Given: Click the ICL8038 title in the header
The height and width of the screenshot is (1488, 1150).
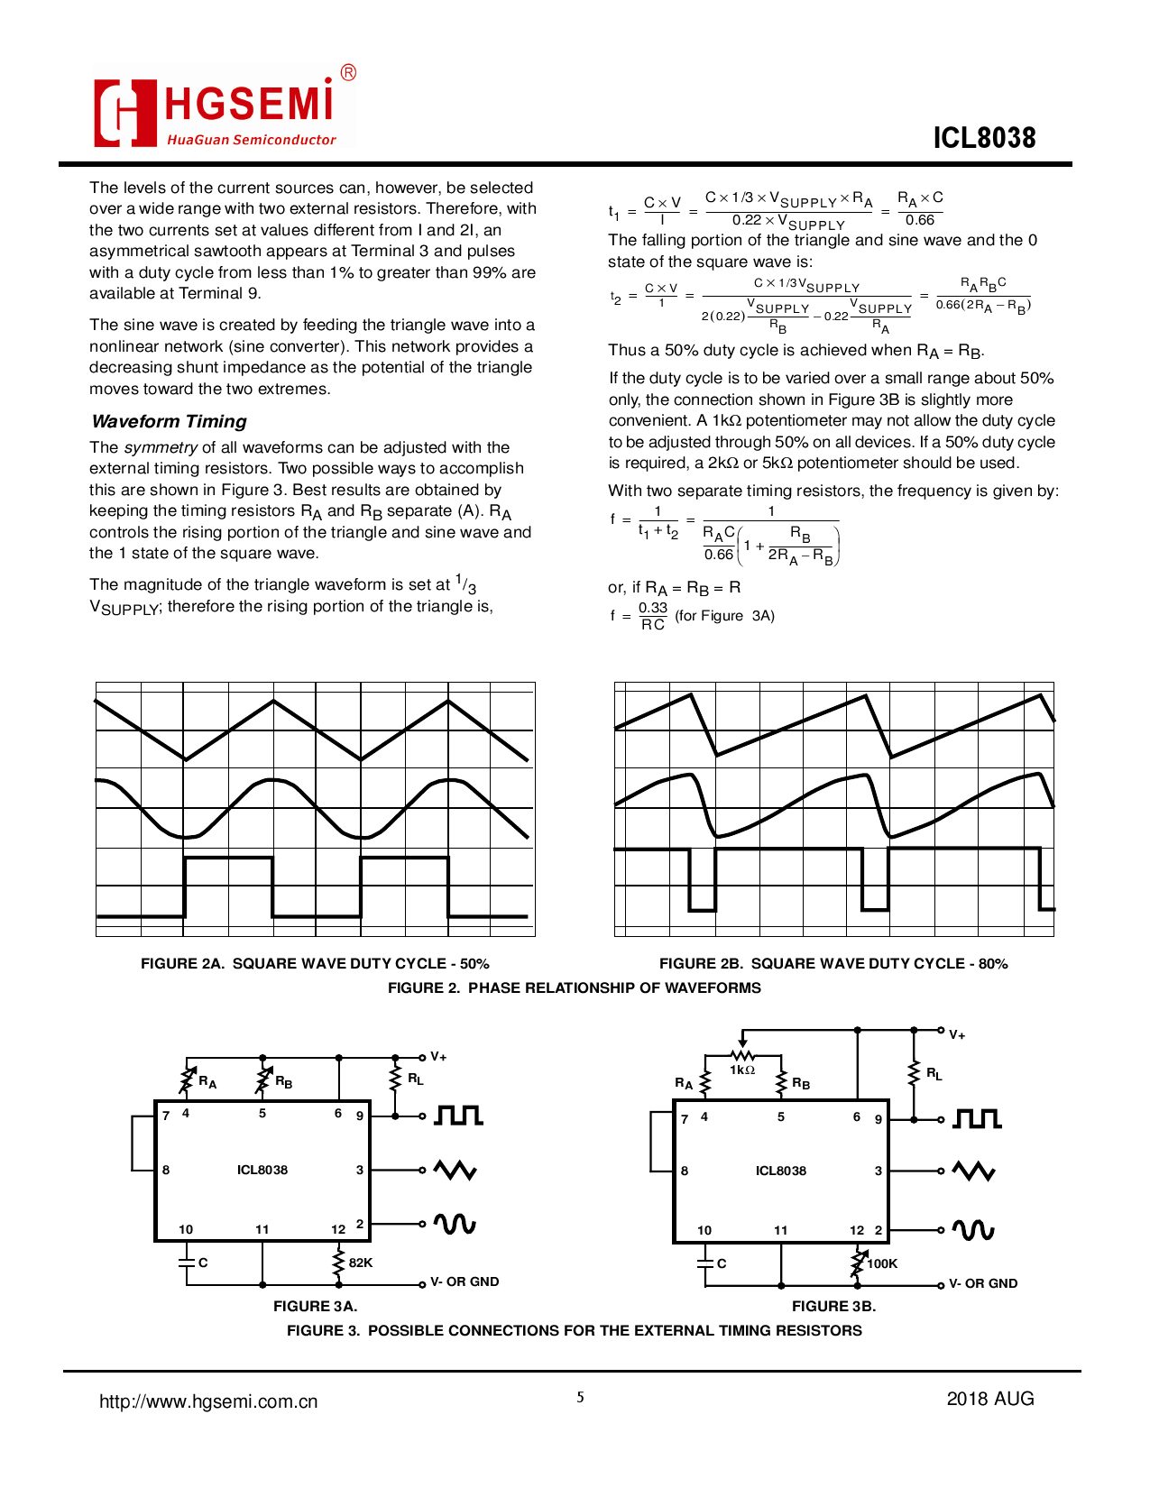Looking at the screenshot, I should pyautogui.click(x=984, y=138).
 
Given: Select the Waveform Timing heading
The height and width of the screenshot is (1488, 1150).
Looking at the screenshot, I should pyautogui.click(x=169, y=421).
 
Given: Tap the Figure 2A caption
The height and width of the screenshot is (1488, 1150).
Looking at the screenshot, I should pyautogui.click(x=315, y=963).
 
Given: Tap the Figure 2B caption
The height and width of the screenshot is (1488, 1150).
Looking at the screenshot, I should pyautogui.click(x=833, y=963).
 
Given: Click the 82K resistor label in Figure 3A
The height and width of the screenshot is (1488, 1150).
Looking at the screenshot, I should pyautogui.click(x=361, y=1263).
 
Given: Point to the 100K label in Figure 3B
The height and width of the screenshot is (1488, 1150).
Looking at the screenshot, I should pyautogui.click(x=882, y=1263).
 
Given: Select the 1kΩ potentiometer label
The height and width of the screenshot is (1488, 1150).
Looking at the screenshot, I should pyautogui.click(x=742, y=1070).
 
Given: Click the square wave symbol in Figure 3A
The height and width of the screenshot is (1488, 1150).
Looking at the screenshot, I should pyautogui.click(x=458, y=1116).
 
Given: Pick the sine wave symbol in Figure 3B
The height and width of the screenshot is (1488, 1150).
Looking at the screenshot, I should pyautogui.click(x=974, y=1230).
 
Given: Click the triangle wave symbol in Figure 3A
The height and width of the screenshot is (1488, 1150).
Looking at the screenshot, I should pyautogui.click(x=455, y=1171).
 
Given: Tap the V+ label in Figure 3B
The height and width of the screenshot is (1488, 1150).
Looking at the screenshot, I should pyautogui.click(x=957, y=1035).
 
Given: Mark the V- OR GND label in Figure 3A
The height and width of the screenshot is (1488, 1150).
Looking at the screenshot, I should pyautogui.click(x=465, y=1281).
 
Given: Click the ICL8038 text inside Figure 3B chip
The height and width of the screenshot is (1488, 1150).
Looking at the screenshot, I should pyautogui.click(x=781, y=1171).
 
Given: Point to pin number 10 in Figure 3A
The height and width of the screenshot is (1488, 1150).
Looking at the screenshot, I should pyautogui.click(x=186, y=1229).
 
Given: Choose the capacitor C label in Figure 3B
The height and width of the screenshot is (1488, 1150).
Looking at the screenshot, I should pyautogui.click(x=722, y=1263).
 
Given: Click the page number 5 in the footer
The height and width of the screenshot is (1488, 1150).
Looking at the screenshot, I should pyautogui.click(x=580, y=1397).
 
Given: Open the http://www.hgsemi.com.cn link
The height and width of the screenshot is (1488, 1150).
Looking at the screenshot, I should pyautogui.click(x=208, y=1401).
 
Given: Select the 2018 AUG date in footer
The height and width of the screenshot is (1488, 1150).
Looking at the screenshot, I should pyautogui.click(x=989, y=1399).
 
